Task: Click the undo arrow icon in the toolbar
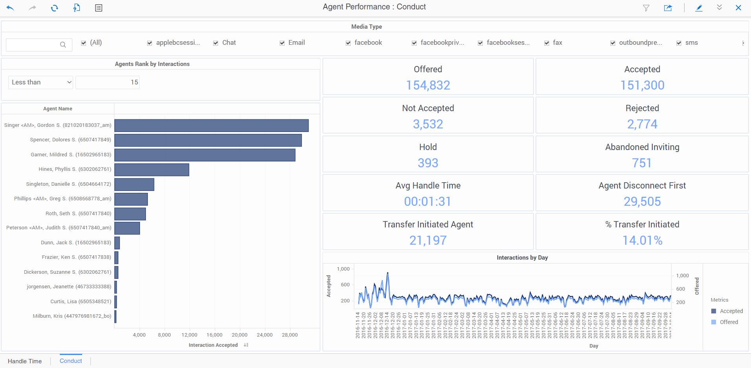point(10,8)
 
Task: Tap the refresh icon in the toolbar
point(54,8)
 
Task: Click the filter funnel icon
point(646,8)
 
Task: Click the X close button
point(738,8)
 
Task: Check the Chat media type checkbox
point(216,43)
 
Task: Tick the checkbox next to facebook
point(348,43)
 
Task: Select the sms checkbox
point(679,43)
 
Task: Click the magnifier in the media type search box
point(63,45)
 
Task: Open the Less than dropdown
point(40,82)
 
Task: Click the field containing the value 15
point(107,82)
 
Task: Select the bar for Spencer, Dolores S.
point(208,140)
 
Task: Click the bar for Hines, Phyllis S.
point(152,170)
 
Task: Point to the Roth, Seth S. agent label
point(78,214)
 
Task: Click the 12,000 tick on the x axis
point(189,335)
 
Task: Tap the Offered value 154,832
point(428,85)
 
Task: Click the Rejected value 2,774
point(642,124)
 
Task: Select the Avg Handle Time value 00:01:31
point(428,201)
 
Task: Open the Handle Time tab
point(25,361)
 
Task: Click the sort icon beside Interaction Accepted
point(246,345)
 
